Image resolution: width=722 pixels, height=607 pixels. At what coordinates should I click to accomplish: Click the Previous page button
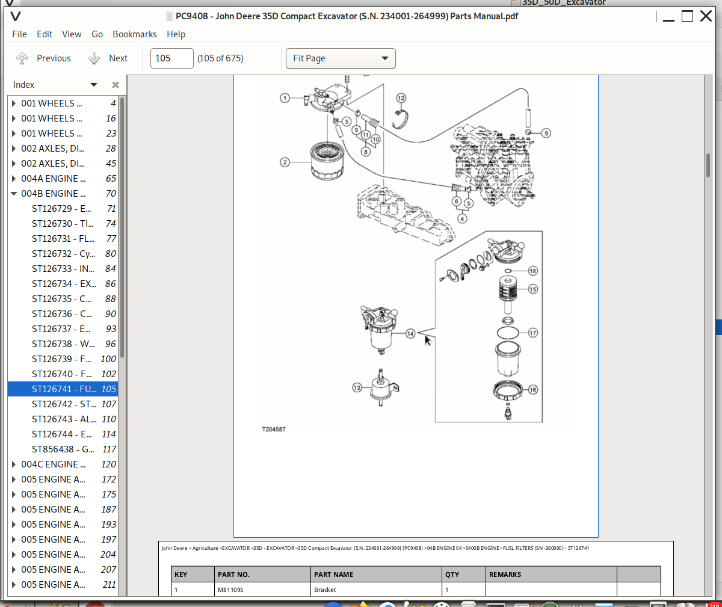point(43,58)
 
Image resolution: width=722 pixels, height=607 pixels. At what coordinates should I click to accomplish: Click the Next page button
point(109,58)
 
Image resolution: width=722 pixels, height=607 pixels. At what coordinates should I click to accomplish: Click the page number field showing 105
point(171,58)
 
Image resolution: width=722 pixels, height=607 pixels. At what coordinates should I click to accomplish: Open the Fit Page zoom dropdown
point(341,58)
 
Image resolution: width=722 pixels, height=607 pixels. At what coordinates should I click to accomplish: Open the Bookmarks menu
point(135,34)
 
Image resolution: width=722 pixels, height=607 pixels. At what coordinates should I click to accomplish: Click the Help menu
point(176,34)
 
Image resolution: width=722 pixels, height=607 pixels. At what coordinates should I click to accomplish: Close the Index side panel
point(116,85)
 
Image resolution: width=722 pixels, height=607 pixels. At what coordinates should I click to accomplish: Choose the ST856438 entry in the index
point(63,449)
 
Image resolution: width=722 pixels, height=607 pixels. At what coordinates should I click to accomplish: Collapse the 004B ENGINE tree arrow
point(14,194)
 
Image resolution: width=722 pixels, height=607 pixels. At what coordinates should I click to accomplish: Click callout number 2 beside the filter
point(285,162)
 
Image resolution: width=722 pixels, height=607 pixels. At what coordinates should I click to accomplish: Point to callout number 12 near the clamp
point(401,98)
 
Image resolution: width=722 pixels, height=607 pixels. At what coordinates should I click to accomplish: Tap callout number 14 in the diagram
point(410,333)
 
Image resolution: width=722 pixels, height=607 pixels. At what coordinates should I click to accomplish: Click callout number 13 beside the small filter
point(357,388)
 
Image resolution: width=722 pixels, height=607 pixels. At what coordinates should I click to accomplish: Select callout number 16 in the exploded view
point(532,390)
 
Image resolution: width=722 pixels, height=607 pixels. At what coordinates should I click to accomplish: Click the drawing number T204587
point(274,430)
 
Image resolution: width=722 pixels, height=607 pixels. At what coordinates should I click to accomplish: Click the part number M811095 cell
point(231,590)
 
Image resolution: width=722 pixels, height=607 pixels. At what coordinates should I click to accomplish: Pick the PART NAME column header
point(334,575)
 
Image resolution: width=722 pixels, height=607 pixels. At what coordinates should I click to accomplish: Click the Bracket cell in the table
point(325,590)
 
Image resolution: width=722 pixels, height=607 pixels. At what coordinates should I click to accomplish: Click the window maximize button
point(687,16)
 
